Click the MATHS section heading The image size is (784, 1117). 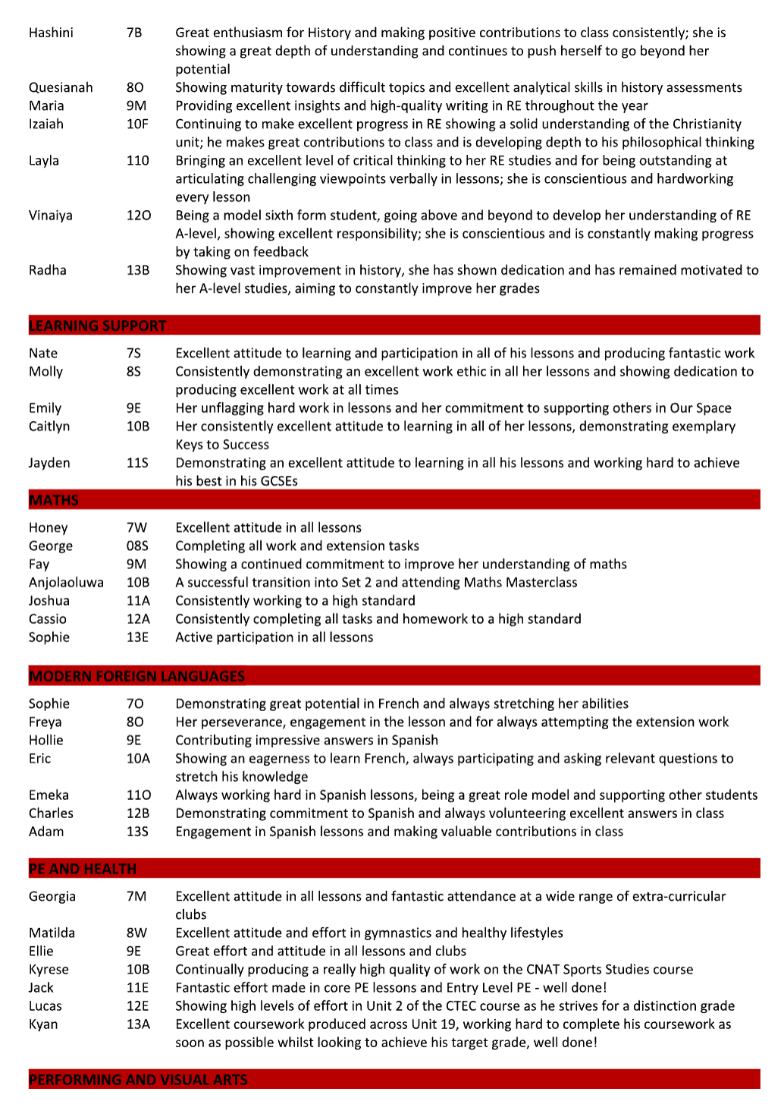pyautogui.click(x=54, y=500)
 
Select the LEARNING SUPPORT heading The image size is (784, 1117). pyautogui.click(x=97, y=326)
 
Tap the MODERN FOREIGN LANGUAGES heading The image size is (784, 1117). pyautogui.click(x=136, y=676)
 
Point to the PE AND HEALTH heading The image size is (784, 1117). pyautogui.click(x=83, y=869)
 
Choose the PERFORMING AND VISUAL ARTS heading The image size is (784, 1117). pyautogui.click(x=138, y=1080)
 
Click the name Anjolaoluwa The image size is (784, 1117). pyautogui.click(x=66, y=582)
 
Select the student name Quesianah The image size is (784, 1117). pyautogui.click(x=61, y=87)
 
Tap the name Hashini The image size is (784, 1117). pyautogui.click(x=51, y=33)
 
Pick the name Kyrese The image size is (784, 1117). pyautogui.click(x=49, y=969)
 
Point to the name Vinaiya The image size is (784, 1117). pyautogui.click(x=51, y=215)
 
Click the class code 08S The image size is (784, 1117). pyautogui.click(x=137, y=546)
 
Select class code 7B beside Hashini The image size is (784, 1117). pyautogui.click(x=134, y=33)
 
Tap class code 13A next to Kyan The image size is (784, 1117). pyautogui.click(x=138, y=1024)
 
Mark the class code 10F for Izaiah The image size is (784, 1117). pyautogui.click(x=137, y=124)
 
